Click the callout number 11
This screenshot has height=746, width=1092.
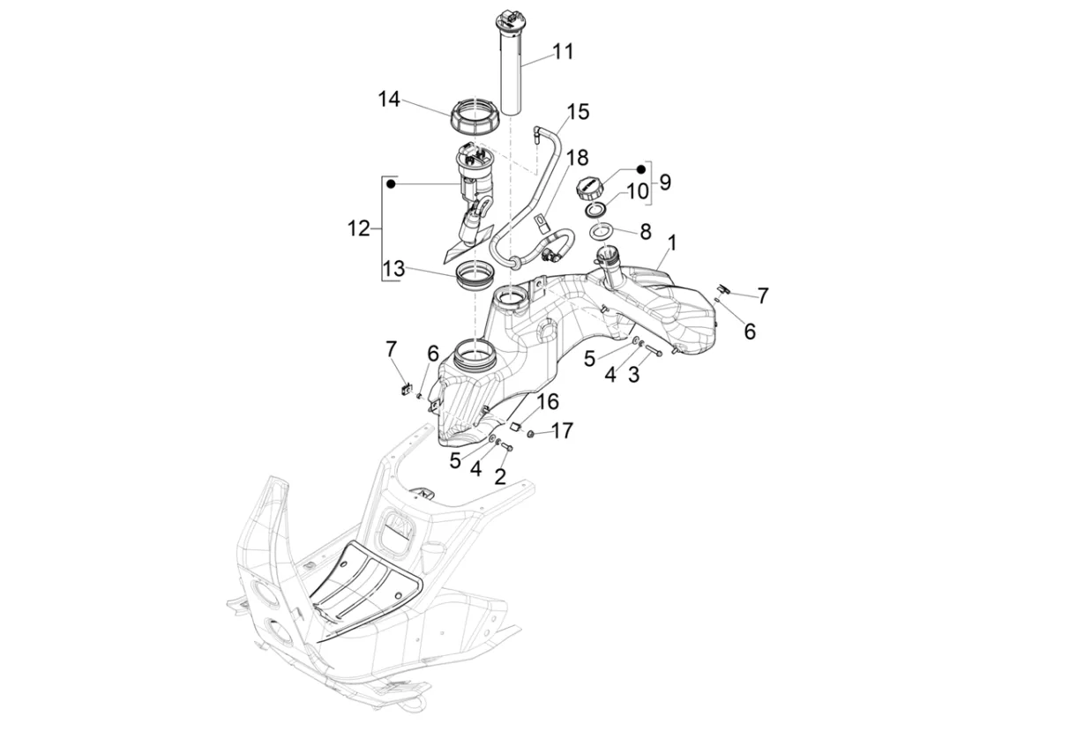[x=563, y=52]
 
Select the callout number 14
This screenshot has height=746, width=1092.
[x=389, y=100]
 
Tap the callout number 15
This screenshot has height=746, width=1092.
[x=578, y=112]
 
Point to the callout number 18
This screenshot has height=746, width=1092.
[x=578, y=158]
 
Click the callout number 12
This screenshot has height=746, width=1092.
[x=358, y=228]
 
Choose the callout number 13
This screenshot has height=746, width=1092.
[x=394, y=268]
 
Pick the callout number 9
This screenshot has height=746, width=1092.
[x=665, y=183]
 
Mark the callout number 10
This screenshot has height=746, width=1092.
[x=638, y=191]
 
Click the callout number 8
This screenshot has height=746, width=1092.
[x=646, y=232]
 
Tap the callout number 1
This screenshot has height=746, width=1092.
[x=672, y=243]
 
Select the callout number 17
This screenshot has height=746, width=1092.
[x=563, y=431]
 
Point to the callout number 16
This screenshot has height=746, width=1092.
[x=548, y=402]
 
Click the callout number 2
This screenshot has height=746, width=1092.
[x=500, y=477]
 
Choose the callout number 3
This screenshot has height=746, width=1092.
[x=633, y=375]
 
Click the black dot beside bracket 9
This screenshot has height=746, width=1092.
[x=641, y=169]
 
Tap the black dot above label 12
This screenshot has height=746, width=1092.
[x=391, y=183]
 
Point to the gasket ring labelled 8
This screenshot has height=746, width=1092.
[x=602, y=230]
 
